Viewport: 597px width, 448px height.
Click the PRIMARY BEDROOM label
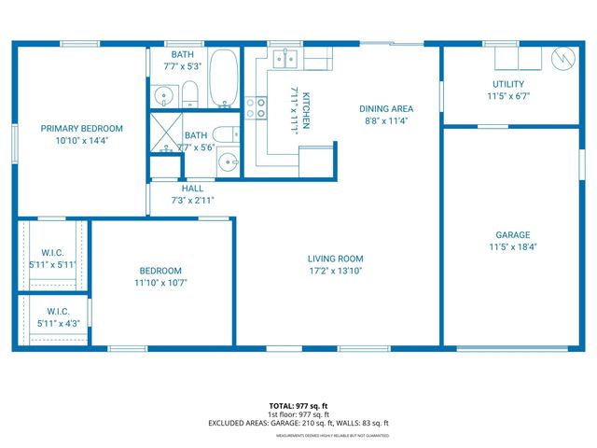(x=82, y=129)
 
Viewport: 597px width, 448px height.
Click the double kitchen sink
(x=286, y=61)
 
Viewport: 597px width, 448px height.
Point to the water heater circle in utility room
(x=562, y=59)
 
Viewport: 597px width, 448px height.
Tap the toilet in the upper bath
(x=189, y=92)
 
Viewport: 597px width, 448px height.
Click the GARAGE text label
(x=512, y=235)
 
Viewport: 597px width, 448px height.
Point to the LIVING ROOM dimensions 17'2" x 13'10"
(x=336, y=270)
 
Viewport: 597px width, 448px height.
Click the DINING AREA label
(x=386, y=108)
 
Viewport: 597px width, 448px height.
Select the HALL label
(x=193, y=189)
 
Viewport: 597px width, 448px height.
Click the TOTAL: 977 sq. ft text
(x=298, y=405)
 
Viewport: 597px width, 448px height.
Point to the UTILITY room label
(x=508, y=84)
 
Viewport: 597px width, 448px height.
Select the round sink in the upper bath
(x=165, y=94)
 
